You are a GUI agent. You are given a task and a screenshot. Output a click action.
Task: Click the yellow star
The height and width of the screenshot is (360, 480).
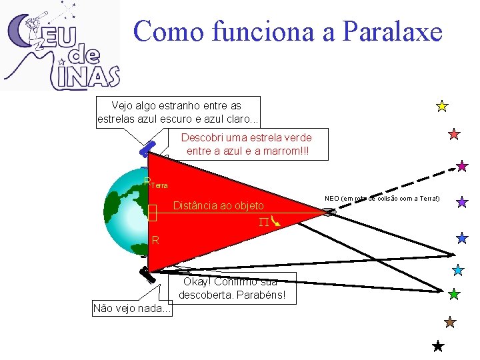[x=441, y=105]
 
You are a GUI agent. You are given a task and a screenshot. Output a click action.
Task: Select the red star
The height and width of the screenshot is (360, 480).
[x=454, y=134]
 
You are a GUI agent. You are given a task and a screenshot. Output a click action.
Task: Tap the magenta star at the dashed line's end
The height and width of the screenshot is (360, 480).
[x=462, y=165]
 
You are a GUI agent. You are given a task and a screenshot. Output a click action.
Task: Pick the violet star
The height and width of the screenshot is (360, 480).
[x=461, y=201]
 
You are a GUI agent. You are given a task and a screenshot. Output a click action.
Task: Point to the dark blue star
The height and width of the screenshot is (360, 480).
[x=462, y=237]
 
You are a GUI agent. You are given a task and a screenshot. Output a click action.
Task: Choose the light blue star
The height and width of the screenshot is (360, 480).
[x=458, y=270]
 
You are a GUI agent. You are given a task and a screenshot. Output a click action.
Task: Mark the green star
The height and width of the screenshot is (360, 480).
[x=454, y=293]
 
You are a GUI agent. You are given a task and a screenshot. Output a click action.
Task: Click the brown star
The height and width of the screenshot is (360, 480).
[x=450, y=322]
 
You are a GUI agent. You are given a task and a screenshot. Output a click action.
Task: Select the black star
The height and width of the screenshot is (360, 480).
[x=438, y=346]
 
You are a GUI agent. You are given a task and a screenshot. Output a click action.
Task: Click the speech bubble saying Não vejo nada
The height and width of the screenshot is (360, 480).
[x=131, y=308]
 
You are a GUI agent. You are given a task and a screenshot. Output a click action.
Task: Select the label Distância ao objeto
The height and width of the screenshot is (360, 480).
[x=218, y=205]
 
